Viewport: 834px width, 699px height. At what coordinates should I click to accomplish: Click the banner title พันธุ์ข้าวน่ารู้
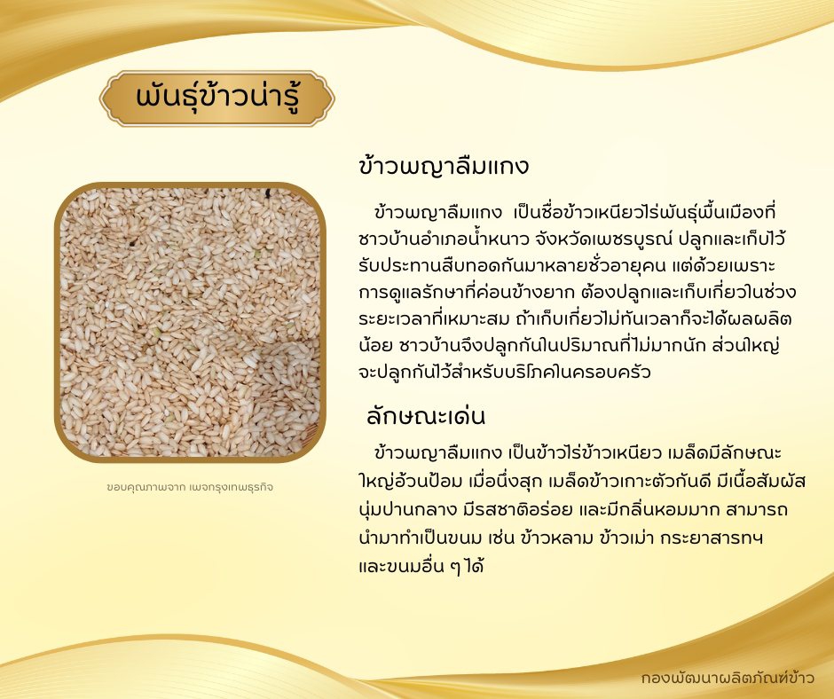tap(217, 98)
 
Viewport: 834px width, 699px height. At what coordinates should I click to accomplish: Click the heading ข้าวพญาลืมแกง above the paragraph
tap(445, 166)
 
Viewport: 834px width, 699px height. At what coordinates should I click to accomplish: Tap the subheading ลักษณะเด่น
tap(426, 416)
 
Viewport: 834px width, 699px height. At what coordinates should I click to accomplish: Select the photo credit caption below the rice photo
tap(190, 487)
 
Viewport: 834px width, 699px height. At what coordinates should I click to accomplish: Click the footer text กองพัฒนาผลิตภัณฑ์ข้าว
tap(728, 679)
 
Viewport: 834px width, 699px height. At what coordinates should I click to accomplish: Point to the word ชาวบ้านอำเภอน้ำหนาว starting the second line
tap(444, 239)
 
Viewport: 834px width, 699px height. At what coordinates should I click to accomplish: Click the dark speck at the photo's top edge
tap(268, 193)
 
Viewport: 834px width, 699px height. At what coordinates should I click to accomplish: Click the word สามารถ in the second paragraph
tap(754, 510)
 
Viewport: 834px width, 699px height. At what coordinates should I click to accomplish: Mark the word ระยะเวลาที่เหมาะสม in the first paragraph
tap(435, 318)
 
